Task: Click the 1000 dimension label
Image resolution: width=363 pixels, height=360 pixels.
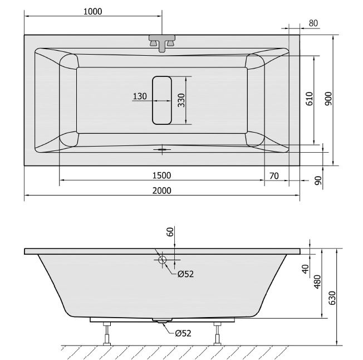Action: coord(92,11)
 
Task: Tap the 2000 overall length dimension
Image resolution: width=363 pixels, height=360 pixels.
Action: coord(162,191)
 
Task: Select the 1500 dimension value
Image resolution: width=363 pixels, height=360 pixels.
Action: coord(161,176)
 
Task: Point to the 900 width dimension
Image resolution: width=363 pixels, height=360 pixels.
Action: coord(328,99)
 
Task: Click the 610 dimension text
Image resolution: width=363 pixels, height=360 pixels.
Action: coord(310,99)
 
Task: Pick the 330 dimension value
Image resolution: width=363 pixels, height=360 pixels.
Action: coord(181,100)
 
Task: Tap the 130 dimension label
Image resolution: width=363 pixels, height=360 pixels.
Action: coord(140,96)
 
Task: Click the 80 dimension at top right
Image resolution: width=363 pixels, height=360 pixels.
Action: coord(313,23)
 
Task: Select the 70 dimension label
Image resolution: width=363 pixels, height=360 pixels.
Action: coord(274,176)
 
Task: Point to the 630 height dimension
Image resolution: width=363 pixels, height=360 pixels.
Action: coord(332,298)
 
